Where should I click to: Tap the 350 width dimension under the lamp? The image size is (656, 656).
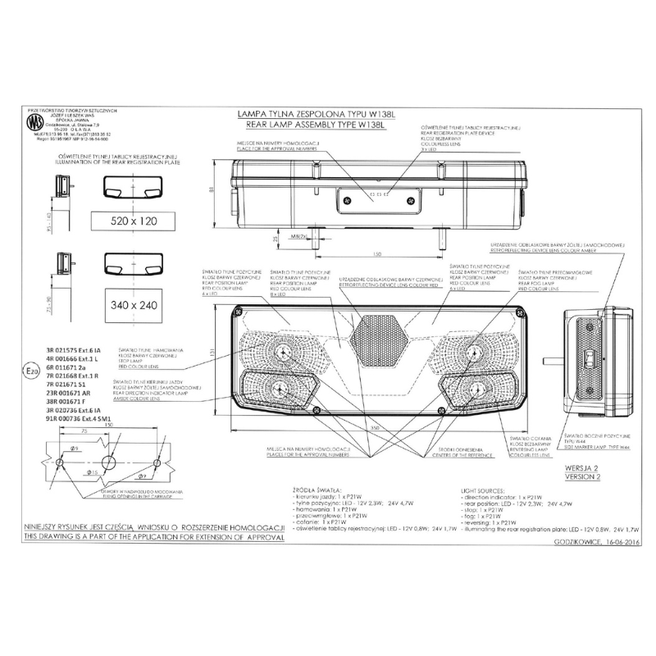click(x=373, y=428)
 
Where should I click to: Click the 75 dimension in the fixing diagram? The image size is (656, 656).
click(x=85, y=430)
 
